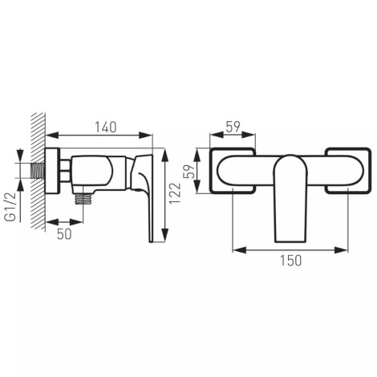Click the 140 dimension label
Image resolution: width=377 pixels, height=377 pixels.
[x=106, y=128]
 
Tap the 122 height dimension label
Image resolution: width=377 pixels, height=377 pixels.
[x=176, y=193]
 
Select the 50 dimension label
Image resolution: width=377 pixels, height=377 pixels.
[x=64, y=234]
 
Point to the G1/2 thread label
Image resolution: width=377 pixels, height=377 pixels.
[x=10, y=207]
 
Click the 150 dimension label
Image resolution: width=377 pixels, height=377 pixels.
[x=291, y=261]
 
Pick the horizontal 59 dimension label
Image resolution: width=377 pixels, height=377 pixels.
[x=233, y=127]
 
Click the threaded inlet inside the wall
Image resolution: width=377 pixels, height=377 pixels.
[x=38, y=171]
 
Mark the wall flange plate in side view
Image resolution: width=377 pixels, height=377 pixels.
[x=52, y=171]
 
